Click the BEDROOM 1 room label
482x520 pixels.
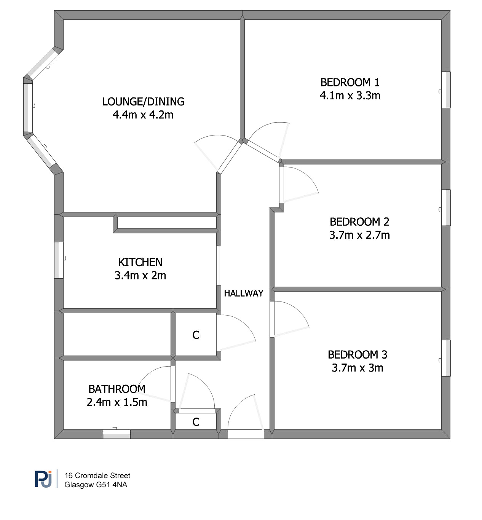point(350,83)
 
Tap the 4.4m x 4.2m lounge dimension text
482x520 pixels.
point(143,115)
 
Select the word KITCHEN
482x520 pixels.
point(140,262)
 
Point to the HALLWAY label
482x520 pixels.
point(244,293)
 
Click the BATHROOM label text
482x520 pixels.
point(117,389)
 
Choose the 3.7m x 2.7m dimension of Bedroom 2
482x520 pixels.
point(359,235)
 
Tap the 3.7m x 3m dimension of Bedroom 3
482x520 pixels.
point(358,368)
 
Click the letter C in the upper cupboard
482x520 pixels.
point(196,335)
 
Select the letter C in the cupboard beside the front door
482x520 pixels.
point(196,422)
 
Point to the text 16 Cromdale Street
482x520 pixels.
point(97,475)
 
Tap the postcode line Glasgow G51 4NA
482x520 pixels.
point(96,485)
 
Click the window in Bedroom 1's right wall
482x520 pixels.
point(446,90)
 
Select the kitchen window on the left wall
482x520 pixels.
point(59,260)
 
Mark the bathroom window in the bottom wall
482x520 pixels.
point(117,434)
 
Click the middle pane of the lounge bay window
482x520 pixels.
point(28,108)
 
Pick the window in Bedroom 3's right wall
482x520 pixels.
point(446,358)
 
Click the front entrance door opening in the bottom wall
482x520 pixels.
point(246,434)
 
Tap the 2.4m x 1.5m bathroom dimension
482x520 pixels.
point(117,402)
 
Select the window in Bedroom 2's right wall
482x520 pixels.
point(446,207)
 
